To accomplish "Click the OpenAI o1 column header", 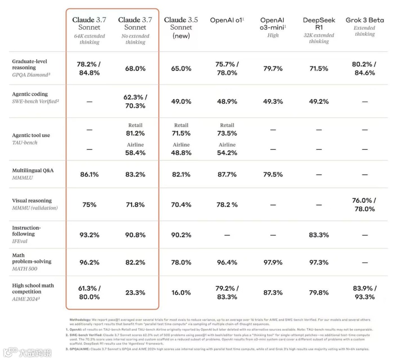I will [227, 20].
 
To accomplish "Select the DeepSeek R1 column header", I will [319, 24].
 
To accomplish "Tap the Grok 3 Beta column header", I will [365, 20].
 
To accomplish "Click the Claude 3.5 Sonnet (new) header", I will [181, 28].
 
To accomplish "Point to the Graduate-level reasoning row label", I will [30, 64].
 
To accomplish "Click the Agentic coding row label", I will [30, 94].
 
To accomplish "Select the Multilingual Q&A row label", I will [33, 170].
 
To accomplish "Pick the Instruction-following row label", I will [26, 231].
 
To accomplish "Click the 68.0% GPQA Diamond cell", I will [135, 69].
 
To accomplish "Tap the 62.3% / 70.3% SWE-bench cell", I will [135, 102].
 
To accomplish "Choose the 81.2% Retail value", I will [135, 133].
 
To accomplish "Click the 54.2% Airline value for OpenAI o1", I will [227, 153].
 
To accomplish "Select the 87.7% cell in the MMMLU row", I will [227, 174].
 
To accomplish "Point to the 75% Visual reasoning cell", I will [89, 205].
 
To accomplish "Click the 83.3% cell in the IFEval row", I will [319, 235].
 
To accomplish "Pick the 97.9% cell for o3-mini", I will [273, 262].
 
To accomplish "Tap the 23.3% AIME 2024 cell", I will [135, 293].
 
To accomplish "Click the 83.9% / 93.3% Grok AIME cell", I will [365, 293].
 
